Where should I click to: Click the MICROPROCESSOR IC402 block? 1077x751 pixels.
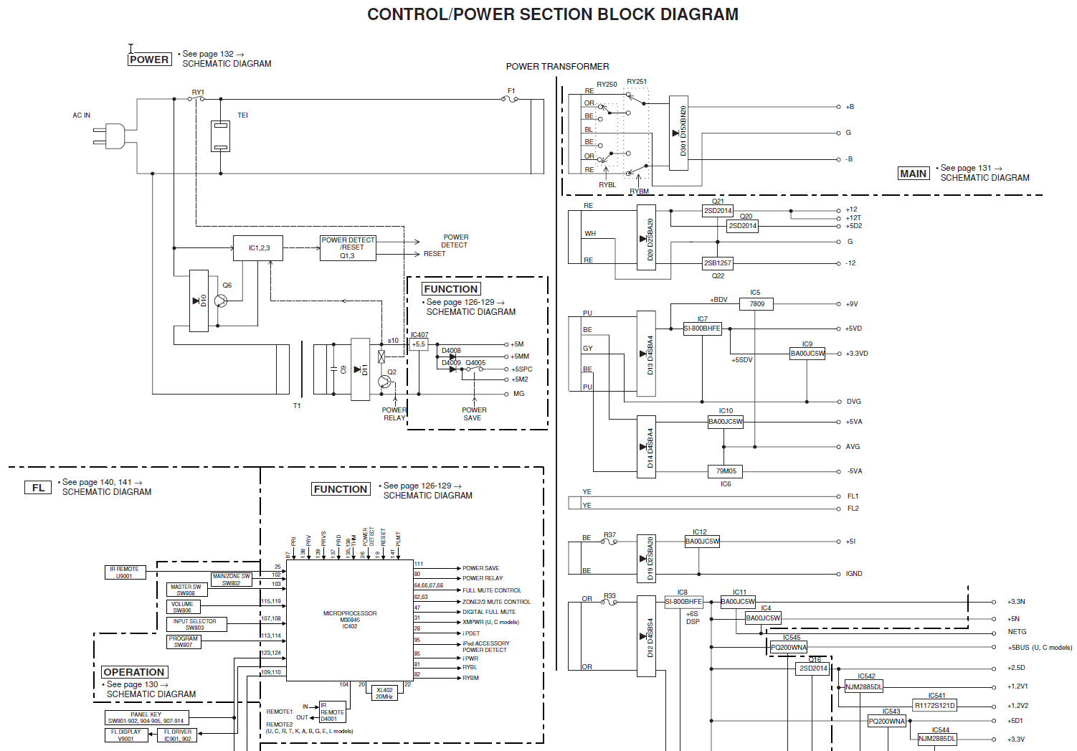point(350,620)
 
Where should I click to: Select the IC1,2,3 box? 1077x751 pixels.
point(258,248)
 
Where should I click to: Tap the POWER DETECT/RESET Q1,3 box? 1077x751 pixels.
point(348,248)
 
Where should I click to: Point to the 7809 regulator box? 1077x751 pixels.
point(756,304)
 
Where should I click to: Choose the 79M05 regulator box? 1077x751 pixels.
point(726,471)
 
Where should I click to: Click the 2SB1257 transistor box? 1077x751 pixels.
point(717,263)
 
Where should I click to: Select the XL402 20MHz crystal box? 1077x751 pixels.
point(384,693)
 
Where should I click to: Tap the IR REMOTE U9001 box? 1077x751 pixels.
point(125,572)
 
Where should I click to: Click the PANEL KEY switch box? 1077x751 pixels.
point(146,717)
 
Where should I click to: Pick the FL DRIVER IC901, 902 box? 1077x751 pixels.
point(177,735)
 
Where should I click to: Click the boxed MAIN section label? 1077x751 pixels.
point(913,174)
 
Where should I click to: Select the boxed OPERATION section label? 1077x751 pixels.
point(134,672)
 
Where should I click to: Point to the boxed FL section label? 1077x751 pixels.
point(38,488)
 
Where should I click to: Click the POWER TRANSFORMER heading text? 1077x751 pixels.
point(557,67)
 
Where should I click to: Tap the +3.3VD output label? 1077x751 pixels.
point(857,354)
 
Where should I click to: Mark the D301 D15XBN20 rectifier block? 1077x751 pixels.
point(678,133)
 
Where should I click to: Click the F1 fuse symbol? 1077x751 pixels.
point(511,99)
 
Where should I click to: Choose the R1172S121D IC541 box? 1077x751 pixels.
point(934,705)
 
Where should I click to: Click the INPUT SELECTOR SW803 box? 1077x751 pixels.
point(195,625)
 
